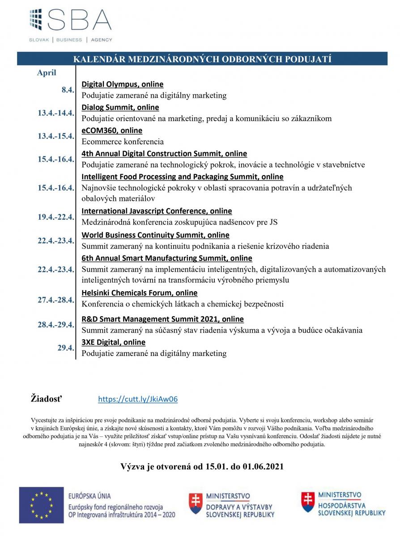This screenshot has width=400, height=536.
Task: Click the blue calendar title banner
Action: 202,59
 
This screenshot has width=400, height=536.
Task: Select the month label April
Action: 47,73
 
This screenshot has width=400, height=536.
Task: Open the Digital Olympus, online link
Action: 122,84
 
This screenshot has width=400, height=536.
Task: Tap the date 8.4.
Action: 67,90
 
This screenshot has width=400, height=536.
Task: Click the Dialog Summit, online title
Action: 120,107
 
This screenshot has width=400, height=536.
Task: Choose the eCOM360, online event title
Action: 112,130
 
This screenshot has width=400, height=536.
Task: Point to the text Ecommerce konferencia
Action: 123,142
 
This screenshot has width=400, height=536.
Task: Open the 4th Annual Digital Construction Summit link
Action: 164,154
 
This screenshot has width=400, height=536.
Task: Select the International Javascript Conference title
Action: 157,211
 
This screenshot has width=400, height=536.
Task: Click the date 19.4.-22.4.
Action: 55,217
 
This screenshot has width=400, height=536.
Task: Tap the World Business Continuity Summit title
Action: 155,235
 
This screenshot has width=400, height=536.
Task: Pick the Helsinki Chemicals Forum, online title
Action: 139,293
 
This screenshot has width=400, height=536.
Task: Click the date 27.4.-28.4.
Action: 55,300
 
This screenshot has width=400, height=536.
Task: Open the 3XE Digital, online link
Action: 113,342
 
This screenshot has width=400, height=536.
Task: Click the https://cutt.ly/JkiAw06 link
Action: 138,399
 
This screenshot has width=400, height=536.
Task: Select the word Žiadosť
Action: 47,398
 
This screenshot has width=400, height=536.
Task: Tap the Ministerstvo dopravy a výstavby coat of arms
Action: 195,503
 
